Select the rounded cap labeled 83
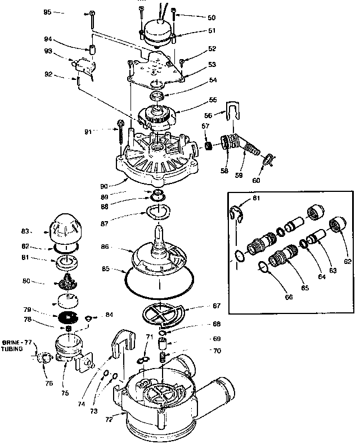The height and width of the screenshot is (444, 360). (67, 228)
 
